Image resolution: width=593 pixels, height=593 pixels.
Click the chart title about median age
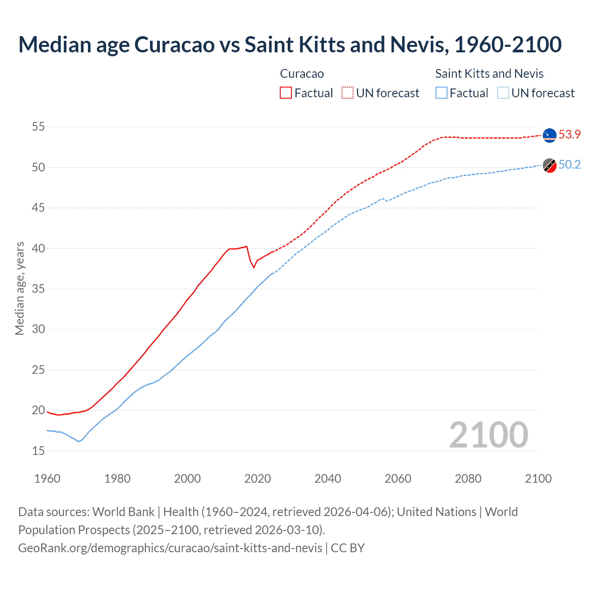click(x=290, y=44)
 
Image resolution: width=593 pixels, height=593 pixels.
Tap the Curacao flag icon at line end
click(x=549, y=135)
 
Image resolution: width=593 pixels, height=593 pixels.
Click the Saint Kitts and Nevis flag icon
click(x=549, y=165)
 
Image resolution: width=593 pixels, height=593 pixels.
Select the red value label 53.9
click(x=569, y=134)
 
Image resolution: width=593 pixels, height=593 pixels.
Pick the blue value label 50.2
click(x=569, y=165)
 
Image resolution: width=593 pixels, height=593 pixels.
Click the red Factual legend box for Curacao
click(x=286, y=93)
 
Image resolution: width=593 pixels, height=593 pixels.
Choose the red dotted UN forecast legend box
click(x=347, y=93)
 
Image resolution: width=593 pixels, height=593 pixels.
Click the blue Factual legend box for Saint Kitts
click(x=442, y=93)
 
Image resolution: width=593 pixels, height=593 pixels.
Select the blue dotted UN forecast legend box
click(x=503, y=93)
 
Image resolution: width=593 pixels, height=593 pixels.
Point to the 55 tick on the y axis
click(x=38, y=126)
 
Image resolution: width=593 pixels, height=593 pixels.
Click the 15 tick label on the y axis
click(x=38, y=451)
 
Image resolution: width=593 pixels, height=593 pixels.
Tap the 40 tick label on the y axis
click(x=38, y=248)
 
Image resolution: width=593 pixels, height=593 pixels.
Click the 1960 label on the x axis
click(x=47, y=479)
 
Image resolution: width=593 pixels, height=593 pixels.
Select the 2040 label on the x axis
click(x=328, y=479)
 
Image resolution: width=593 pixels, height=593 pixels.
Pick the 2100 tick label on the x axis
click(x=538, y=479)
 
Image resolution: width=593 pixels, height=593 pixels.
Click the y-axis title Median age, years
click(x=19, y=288)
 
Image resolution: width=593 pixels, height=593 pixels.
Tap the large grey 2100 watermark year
click(x=488, y=435)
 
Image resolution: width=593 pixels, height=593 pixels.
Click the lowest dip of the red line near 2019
click(x=253, y=267)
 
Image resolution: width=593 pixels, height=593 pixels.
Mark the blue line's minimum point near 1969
click(x=78, y=441)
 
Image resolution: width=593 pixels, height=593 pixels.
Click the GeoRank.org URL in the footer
click(x=170, y=548)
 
